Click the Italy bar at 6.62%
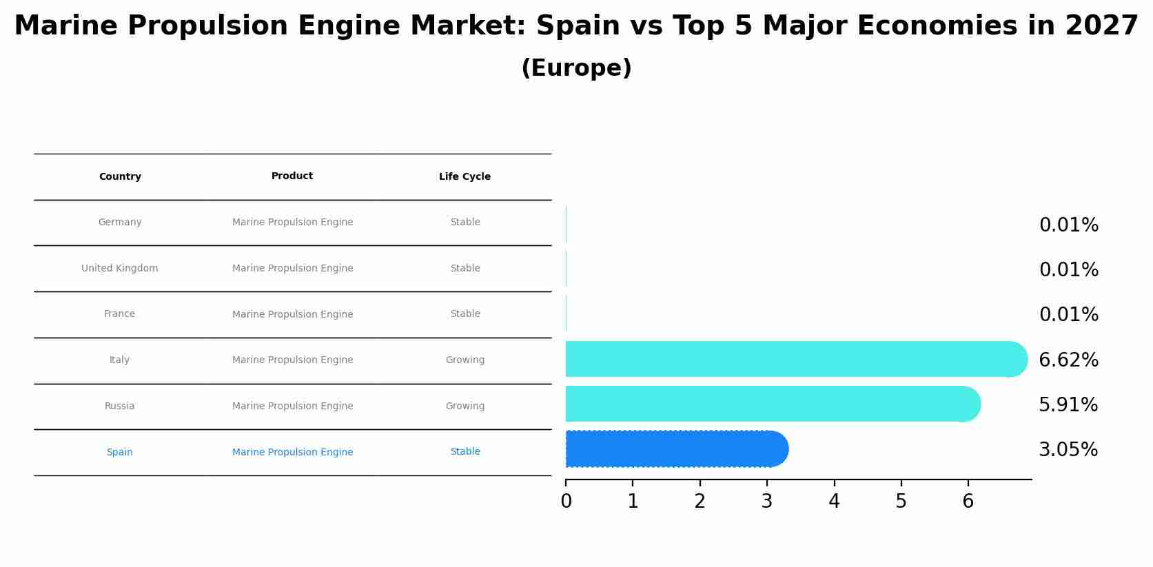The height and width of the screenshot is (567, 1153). (x=793, y=359)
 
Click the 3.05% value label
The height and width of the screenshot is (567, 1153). (x=1068, y=450)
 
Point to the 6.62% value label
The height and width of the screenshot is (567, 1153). (x=1068, y=360)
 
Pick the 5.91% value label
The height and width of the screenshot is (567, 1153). (x=1068, y=405)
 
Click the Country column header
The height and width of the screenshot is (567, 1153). (x=120, y=177)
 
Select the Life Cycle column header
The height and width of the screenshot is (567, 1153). (x=465, y=177)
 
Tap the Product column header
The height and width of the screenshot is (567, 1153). (x=292, y=176)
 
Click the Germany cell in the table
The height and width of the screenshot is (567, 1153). (x=120, y=223)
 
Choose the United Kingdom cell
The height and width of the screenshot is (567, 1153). (x=120, y=269)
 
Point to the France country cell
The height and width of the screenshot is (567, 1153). (x=120, y=314)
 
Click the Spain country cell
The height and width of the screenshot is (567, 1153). (x=120, y=453)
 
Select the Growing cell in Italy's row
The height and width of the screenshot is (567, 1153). (x=465, y=360)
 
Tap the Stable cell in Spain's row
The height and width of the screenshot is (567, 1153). (x=465, y=452)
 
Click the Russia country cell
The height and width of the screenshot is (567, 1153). (x=120, y=406)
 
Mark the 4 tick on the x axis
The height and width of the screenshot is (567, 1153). (x=834, y=501)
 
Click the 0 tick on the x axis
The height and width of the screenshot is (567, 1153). (x=566, y=501)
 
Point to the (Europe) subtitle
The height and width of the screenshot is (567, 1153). (x=576, y=68)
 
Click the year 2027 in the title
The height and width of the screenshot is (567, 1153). (x=1101, y=26)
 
